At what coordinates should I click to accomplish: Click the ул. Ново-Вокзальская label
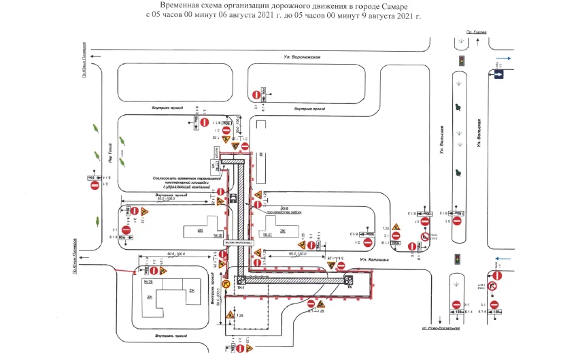pos(441,329)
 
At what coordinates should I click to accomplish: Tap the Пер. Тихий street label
pos(109,152)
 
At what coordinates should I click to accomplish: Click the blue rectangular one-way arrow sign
pos(499,71)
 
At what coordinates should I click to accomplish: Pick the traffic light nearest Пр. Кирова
pos(462,61)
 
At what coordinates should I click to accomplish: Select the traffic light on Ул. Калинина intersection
pos(458,259)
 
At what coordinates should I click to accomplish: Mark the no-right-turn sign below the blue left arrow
pos(495,286)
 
